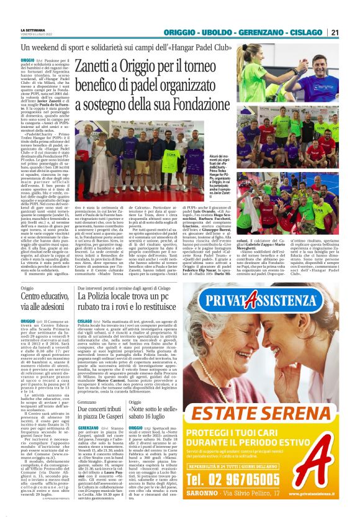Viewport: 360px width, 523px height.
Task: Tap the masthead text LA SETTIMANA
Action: tap(34, 30)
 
